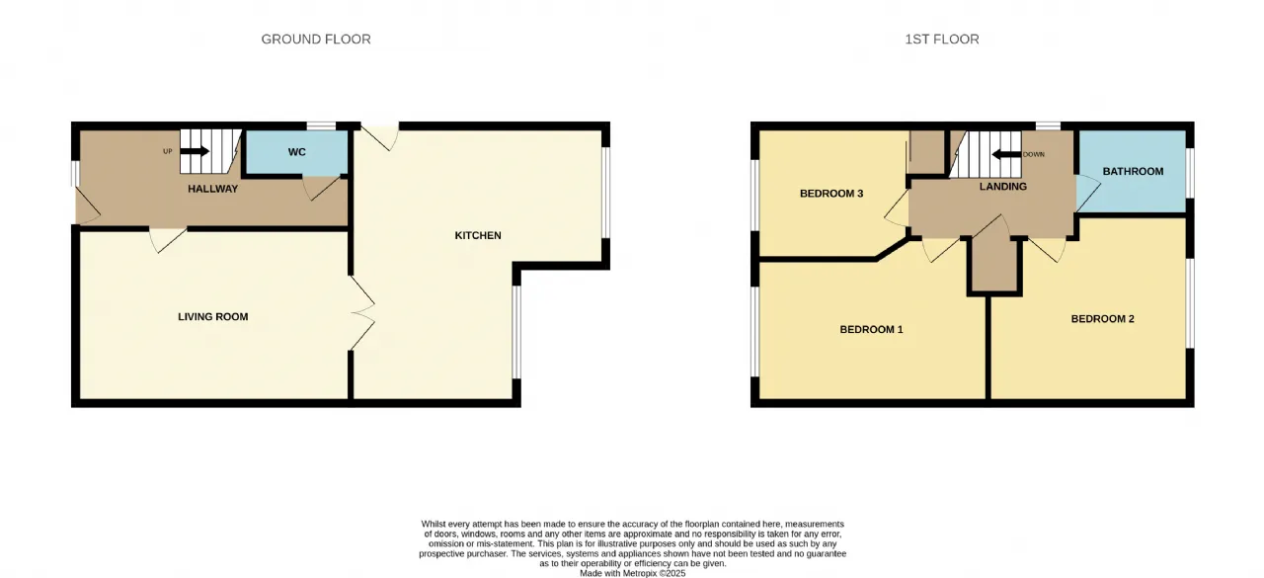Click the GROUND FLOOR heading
click(x=316, y=39)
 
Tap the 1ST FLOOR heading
click(x=942, y=39)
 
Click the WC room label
click(x=297, y=152)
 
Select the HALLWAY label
click(x=212, y=189)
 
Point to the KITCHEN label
click(x=478, y=235)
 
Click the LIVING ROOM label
click(x=212, y=316)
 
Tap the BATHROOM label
click(x=1133, y=171)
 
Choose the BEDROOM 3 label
click(x=831, y=194)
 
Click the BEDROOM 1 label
click(x=871, y=329)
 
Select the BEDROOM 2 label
click(x=1102, y=319)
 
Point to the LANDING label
click(x=1002, y=187)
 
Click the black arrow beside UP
click(x=195, y=151)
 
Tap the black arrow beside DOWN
click(x=1006, y=154)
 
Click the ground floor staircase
click(x=210, y=151)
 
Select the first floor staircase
click(x=986, y=154)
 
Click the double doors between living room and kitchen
click(x=362, y=312)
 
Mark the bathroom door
click(x=1088, y=193)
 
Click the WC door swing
click(x=323, y=189)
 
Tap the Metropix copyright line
click(x=633, y=573)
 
